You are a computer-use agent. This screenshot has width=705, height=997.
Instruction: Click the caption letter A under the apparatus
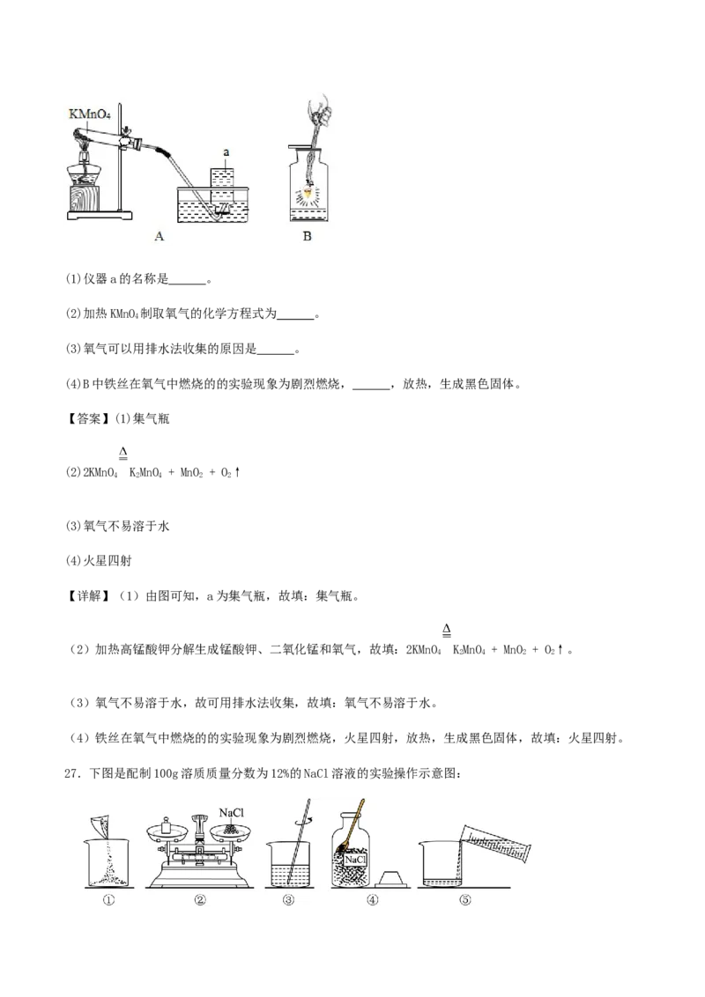tap(159, 235)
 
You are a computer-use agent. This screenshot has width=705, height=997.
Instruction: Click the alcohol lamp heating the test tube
tap(86, 166)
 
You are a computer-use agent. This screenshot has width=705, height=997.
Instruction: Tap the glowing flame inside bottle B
tap(308, 191)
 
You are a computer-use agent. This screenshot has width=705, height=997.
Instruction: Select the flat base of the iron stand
tap(97, 214)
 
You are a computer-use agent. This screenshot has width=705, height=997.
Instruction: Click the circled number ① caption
tap(108, 899)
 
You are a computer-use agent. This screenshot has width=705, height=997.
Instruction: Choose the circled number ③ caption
tap(287, 899)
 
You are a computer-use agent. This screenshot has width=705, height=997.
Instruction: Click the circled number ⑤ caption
tap(464, 899)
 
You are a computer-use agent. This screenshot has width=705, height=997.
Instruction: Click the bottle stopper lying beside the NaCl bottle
tap(394, 876)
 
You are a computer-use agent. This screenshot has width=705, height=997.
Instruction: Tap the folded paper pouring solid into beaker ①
tap(100, 826)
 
